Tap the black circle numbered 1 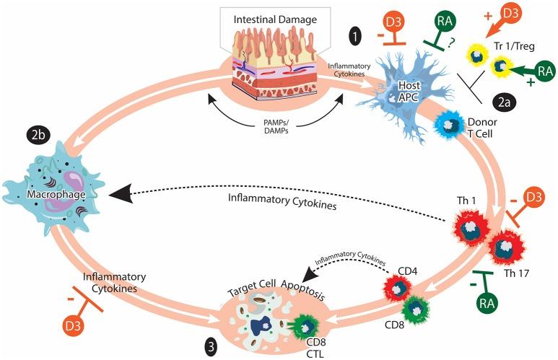click(356, 32)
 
